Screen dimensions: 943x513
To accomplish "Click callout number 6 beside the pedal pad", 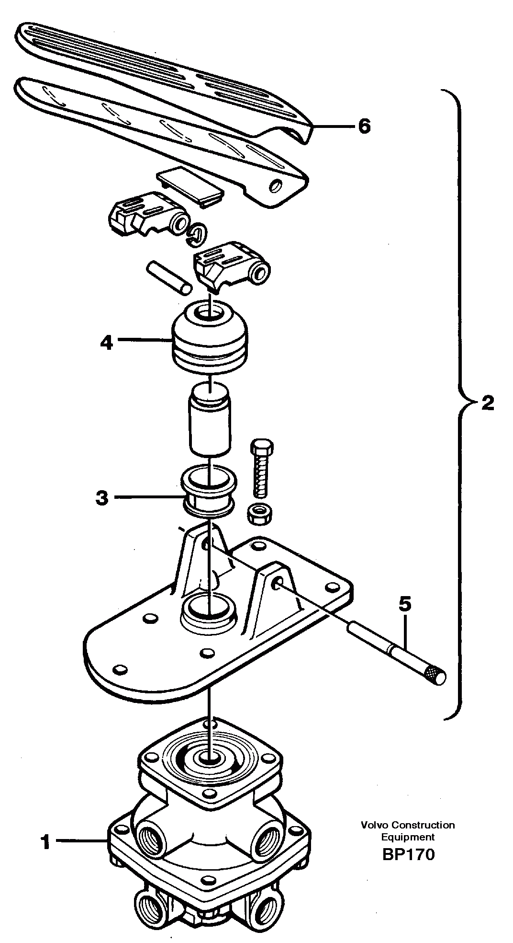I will tap(364, 126).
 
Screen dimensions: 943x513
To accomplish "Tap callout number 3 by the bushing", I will tap(102, 498).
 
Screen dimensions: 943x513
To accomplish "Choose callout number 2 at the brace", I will tap(487, 403).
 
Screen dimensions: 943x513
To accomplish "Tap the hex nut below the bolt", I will tap(260, 514).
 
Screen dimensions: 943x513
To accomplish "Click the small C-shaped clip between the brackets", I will tap(197, 233).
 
